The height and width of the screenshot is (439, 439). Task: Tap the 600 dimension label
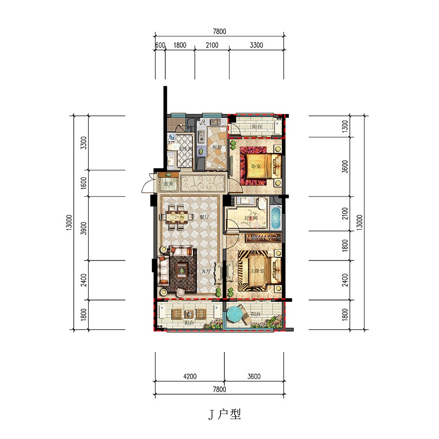point(160,45)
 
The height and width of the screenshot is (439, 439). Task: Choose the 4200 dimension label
point(190,376)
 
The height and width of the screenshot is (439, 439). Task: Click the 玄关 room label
point(168,184)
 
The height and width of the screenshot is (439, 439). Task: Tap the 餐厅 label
point(204,217)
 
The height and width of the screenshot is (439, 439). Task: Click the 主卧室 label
point(257,271)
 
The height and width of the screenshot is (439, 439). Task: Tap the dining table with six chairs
point(177,217)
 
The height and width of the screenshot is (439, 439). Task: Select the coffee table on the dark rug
point(182,268)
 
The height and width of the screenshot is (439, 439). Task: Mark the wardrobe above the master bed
point(264,238)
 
